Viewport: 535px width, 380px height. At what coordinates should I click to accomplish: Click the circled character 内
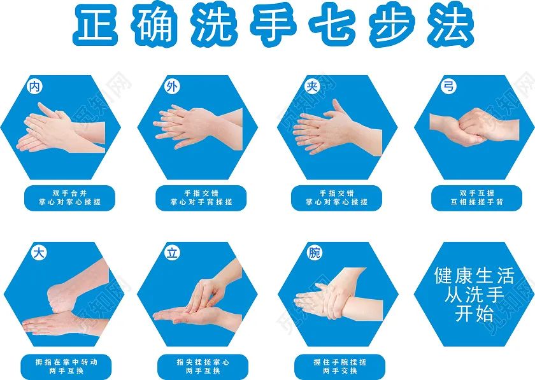(x=34, y=87)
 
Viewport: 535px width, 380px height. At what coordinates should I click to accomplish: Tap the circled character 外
(x=171, y=87)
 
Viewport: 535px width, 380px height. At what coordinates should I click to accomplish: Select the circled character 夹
(x=312, y=87)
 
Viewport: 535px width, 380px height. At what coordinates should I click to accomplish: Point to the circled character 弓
(x=448, y=86)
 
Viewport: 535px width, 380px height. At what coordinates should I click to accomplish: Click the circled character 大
(x=39, y=253)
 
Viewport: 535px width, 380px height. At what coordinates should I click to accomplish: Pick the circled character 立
(x=172, y=253)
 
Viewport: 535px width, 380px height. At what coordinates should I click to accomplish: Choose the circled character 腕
(x=314, y=253)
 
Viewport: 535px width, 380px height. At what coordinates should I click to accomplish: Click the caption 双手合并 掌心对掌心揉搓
(x=69, y=198)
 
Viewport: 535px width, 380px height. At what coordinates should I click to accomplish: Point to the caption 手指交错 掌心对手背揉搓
(x=201, y=198)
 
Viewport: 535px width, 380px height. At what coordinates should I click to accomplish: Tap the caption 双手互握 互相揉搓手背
(x=476, y=198)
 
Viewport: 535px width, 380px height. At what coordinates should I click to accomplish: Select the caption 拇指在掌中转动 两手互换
(x=66, y=367)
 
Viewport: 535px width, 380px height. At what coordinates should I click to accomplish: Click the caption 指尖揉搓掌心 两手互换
(x=203, y=367)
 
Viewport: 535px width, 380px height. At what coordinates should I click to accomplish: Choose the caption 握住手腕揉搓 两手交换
(x=340, y=367)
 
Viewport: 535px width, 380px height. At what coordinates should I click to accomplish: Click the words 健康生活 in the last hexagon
(x=474, y=276)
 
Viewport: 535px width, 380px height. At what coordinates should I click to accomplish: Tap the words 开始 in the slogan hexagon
(x=474, y=313)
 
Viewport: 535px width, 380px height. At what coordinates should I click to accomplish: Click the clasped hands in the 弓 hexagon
(x=474, y=127)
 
